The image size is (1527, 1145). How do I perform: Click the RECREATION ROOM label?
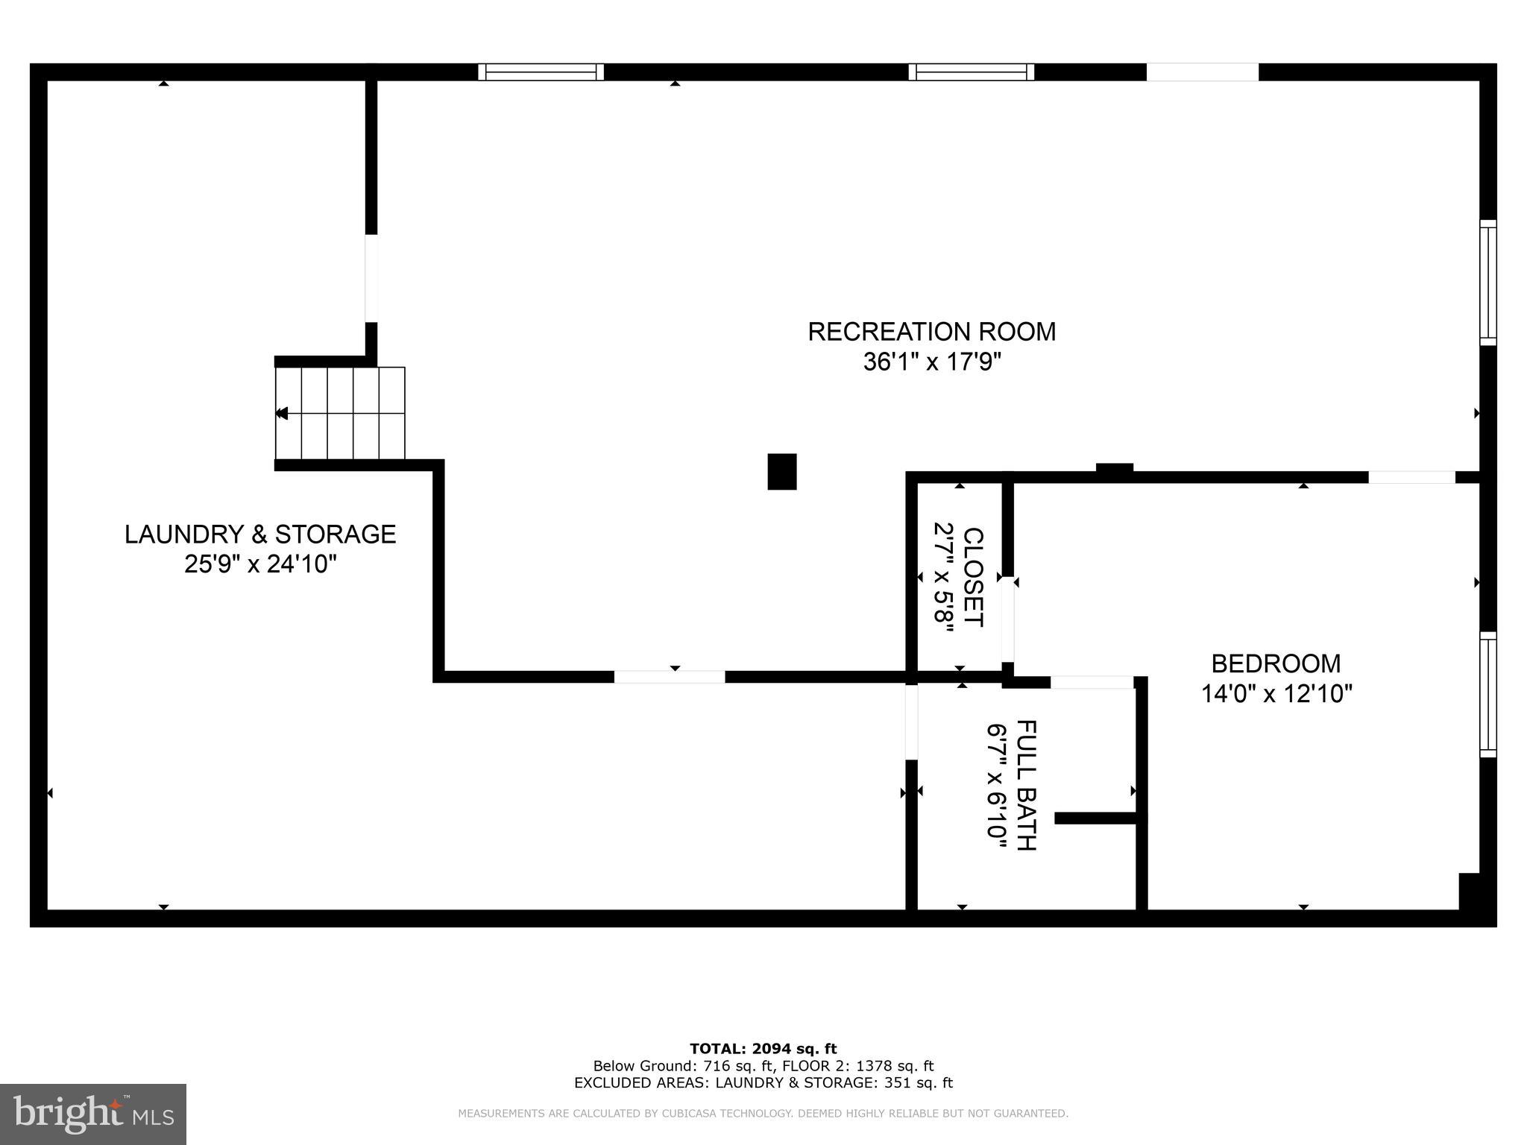[x=931, y=332]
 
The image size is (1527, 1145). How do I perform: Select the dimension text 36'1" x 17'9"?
[x=931, y=362]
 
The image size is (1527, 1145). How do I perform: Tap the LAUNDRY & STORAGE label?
[x=259, y=534]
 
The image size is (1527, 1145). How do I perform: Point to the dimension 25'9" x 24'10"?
[x=260, y=564]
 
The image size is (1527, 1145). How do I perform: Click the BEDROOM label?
[x=1275, y=663]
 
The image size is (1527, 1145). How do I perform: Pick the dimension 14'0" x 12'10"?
[x=1276, y=694]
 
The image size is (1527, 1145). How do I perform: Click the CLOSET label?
[x=974, y=578]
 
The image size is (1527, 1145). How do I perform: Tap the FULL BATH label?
[x=1026, y=785]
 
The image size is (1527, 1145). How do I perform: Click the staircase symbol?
[x=340, y=413]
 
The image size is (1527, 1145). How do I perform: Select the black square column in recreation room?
[x=781, y=472]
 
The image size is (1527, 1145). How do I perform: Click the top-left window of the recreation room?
[x=541, y=72]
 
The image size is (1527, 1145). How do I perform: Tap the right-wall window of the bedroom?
[x=1487, y=695]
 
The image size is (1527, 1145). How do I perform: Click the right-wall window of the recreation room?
[x=1487, y=283]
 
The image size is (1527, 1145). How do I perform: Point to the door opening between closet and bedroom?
[x=1007, y=619]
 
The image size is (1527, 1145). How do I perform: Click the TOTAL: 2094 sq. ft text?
[x=763, y=1050]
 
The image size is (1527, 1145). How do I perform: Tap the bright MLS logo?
[x=93, y=1114]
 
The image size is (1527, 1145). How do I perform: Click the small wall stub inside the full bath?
[x=1095, y=818]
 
